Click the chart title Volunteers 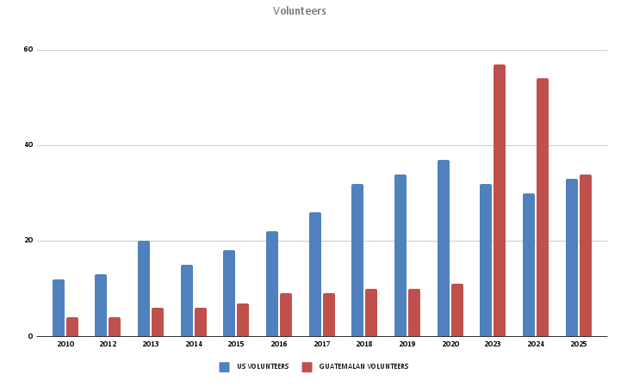(x=300, y=11)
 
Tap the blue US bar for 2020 (x=443, y=248)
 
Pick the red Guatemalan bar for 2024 (x=543, y=207)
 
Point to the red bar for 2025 (x=586, y=255)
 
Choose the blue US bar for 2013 (x=144, y=289)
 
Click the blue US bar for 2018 (x=357, y=260)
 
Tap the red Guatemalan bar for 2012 (x=115, y=327)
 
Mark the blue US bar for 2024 (x=529, y=265)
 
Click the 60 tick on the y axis (x=28, y=50)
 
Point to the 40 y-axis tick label (x=28, y=145)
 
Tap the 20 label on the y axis (x=28, y=241)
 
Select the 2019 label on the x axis (x=407, y=344)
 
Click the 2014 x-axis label (x=194, y=344)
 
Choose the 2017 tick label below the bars (x=322, y=344)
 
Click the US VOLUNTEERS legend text (x=263, y=367)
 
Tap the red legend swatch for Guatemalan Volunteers (x=307, y=367)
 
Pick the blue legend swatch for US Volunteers (x=224, y=367)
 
